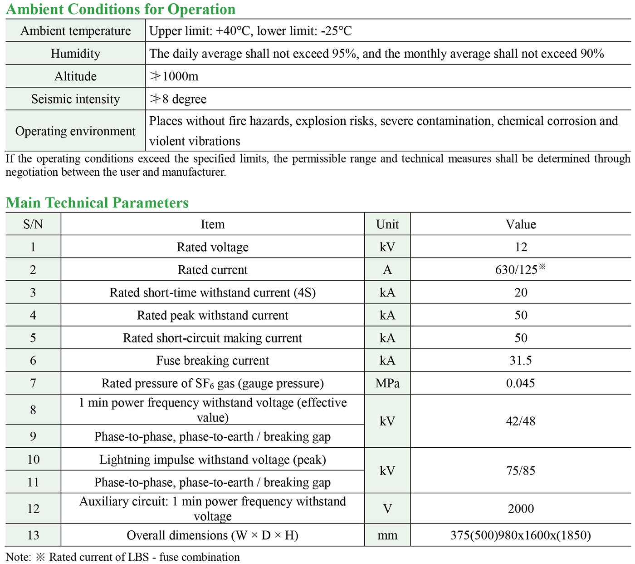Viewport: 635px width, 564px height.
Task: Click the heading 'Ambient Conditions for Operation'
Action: pyautogui.click(x=121, y=10)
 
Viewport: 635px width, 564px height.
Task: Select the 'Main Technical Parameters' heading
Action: pyautogui.click(x=97, y=203)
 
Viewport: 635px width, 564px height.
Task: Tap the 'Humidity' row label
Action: pyautogui.click(x=75, y=54)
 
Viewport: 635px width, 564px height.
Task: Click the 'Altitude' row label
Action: pyautogui.click(x=75, y=76)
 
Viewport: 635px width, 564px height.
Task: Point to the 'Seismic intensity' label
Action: pyautogui.click(x=75, y=99)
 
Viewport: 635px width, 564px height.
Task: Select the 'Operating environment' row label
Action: pyautogui.click(x=75, y=131)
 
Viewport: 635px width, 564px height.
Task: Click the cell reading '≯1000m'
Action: pyautogui.click(x=174, y=76)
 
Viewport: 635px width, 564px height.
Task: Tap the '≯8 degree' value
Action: pyautogui.click(x=178, y=99)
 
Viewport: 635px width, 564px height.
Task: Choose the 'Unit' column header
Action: pyautogui.click(x=387, y=224)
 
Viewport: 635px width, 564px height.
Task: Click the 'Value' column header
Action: pyautogui.click(x=521, y=224)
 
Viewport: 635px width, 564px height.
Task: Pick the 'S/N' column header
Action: pyautogui.click(x=33, y=224)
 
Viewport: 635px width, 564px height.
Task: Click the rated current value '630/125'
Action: pyautogui.click(x=517, y=270)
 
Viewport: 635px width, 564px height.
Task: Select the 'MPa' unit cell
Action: pyautogui.click(x=387, y=383)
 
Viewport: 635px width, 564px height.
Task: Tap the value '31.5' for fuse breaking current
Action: pyautogui.click(x=521, y=361)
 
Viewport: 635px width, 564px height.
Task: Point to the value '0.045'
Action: pyautogui.click(x=521, y=383)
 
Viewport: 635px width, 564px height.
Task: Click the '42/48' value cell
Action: pyautogui.click(x=521, y=421)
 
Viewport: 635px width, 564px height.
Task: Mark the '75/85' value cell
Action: pyautogui.click(x=521, y=470)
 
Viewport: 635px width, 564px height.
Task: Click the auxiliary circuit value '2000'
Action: pyautogui.click(x=521, y=509)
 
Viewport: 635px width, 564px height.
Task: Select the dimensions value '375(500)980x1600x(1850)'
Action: pyautogui.click(x=521, y=535)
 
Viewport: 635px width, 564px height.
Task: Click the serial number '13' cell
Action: pyautogui.click(x=33, y=535)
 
